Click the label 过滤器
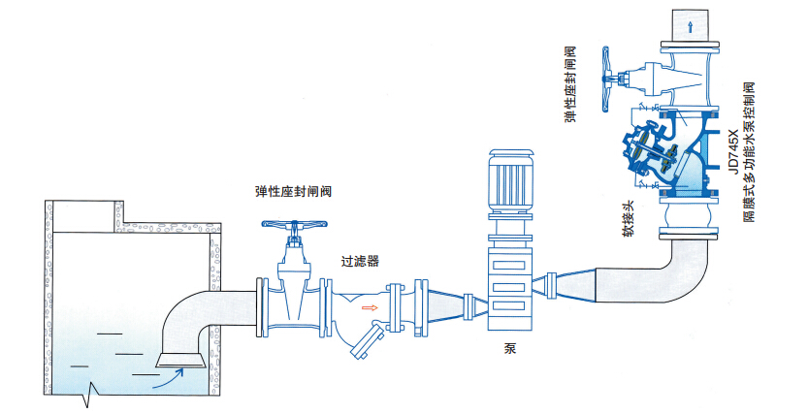359,261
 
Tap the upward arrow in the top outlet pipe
690,27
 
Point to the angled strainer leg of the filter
365,341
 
